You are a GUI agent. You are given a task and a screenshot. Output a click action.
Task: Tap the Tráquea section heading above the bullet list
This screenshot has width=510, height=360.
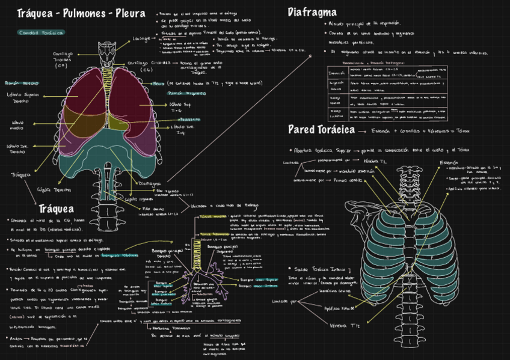point(56,209)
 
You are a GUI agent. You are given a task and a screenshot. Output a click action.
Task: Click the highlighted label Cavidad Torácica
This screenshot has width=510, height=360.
point(29,32)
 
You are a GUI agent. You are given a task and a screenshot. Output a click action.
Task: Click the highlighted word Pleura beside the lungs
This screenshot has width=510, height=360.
point(159,84)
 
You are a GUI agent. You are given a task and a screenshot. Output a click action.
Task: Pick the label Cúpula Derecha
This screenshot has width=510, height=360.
point(51,189)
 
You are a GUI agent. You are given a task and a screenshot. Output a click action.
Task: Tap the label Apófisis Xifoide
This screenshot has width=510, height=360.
point(340,308)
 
